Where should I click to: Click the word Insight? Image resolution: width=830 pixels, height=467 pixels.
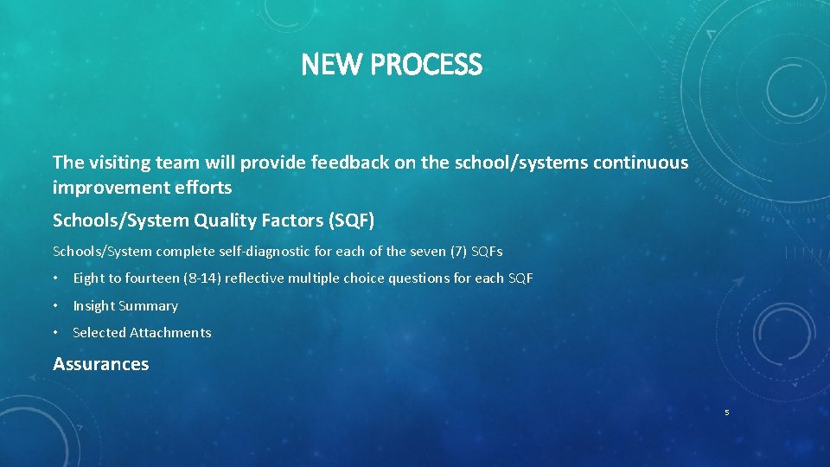coord(93,305)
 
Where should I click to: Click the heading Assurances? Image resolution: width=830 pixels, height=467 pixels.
coord(100,364)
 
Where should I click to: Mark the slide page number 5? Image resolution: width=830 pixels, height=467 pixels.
coord(726,413)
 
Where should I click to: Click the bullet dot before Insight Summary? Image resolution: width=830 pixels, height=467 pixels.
coord(56,305)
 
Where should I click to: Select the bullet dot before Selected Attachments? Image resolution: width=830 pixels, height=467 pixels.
coord(56,332)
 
